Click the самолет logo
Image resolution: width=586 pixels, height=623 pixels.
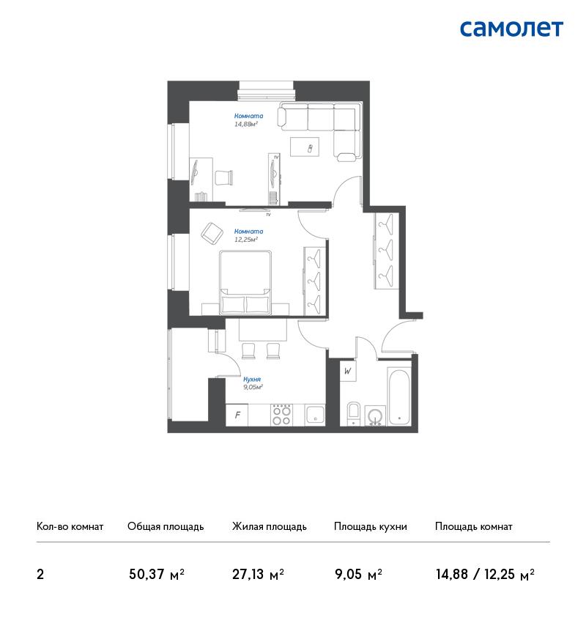pyautogui.click(x=511, y=29)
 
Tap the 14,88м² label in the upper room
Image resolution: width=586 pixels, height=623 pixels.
pyautogui.click(x=246, y=124)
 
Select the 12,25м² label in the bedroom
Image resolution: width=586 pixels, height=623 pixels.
pyautogui.click(x=246, y=239)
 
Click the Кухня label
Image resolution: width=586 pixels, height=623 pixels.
pyautogui.click(x=252, y=379)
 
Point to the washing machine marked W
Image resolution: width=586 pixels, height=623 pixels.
pyautogui.click(x=348, y=372)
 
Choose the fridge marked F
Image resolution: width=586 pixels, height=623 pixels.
pyautogui.click(x=237, y=415)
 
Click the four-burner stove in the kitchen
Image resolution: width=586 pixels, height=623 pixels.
pyautogui.click(x=281, y=415)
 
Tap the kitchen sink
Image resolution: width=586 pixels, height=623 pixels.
pyautogui.click(x=315, y=415)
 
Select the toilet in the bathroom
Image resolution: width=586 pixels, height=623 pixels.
pyautogui.click(x=354, y=413)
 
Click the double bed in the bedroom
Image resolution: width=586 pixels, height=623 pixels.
pyautogui.click(x=246, y=282)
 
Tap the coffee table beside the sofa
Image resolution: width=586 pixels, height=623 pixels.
pyautogui.click(x=305, y=147)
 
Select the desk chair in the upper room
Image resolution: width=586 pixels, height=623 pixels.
pyautogui.click(x=224, y=177)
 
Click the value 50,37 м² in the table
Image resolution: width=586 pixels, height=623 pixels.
pyautogui.click(x=157, y=575)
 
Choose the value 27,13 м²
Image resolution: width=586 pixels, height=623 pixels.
pyautogui.click(x=258, y=575)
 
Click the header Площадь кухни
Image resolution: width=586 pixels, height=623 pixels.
pyautogui.click(x=371, y=526)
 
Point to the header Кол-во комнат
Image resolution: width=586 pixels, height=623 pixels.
pyautogui.click(x=70, y=526)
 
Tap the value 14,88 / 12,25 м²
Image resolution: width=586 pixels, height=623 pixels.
pyautogui.click(x=485, y=575)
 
